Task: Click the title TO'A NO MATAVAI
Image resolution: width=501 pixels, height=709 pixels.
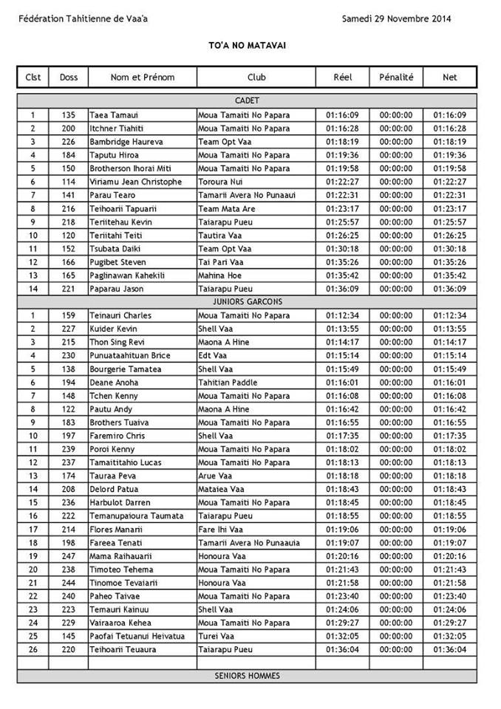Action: (x=247, y=46)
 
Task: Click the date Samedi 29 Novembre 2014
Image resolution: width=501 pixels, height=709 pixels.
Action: (x=396, y=19)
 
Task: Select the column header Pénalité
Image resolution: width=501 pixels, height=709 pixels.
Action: (x=396, y=77)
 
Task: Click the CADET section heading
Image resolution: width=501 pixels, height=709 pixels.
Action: (x=247, y=100)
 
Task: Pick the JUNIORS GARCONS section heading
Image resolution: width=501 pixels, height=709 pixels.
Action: (x=247, y=302)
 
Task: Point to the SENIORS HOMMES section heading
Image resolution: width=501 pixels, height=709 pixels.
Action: (x=247, y=676)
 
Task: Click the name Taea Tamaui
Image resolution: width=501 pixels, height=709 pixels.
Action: (x=114, y=115)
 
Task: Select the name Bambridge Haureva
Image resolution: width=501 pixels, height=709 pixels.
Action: (x=126, y=142)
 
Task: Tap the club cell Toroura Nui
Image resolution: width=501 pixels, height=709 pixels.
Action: (x=219, y=182)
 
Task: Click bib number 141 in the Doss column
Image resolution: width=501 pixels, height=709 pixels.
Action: (x=69, y=195)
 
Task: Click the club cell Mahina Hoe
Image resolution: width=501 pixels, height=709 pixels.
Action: (x=219, y=275)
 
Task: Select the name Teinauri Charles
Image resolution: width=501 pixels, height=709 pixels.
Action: (x=120, y=315)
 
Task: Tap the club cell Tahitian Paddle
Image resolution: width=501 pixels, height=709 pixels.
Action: (x=228, y=383)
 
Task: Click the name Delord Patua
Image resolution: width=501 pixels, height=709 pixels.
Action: (x=115, y=489)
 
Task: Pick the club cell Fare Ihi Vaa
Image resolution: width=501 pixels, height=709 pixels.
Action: (x=221, y=529)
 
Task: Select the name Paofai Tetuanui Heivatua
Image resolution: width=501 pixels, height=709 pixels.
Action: (x=137, y=636)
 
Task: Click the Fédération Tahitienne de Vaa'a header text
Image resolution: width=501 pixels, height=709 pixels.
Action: (x=83, y=19)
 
